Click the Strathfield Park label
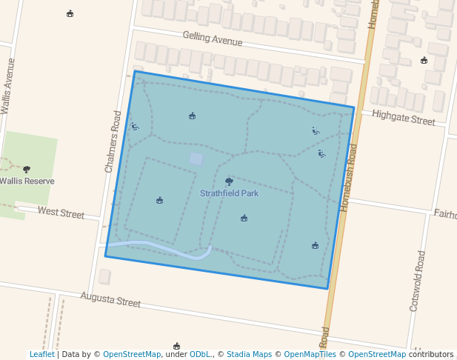coord(229,193)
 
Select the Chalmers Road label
coord(113,142)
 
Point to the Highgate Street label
coord(403,116)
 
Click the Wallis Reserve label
coord(27,181)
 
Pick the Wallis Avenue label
coord(8,86)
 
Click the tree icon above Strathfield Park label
coord(229,181)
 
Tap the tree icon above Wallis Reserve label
coord(27,170)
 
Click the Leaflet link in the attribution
coord(41,354)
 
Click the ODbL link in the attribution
coord(200,354)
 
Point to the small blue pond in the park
coord(196,159)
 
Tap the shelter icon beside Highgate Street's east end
coord(424,60)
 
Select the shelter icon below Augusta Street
coord(176,346)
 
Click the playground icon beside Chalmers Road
coord(134,126)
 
